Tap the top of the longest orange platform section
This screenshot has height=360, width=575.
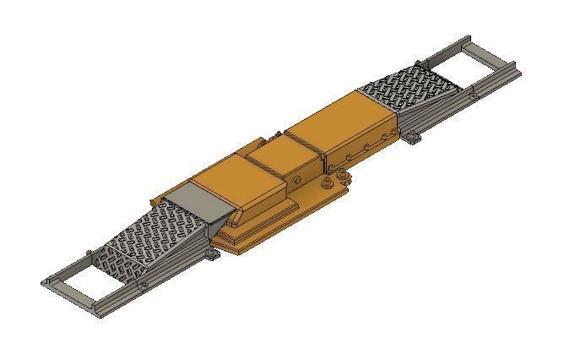pos(338,118)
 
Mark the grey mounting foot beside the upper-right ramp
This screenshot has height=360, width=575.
pos(410,137)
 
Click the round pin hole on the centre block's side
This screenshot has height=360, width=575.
pos(299,180)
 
